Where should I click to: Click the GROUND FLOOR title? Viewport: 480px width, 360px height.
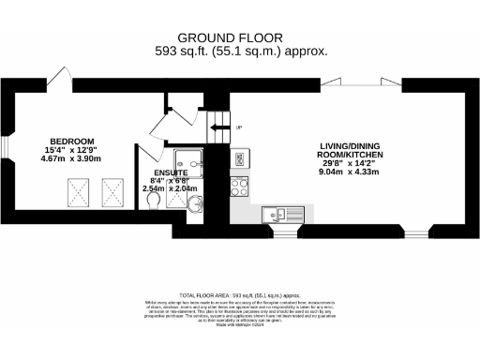(240, 37)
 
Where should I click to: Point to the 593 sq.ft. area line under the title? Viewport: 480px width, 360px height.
(240, 52)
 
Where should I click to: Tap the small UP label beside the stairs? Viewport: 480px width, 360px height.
(238, 127)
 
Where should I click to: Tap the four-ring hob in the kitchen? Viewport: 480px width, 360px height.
(239, 185)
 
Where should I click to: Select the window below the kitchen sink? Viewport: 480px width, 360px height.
(278, 229)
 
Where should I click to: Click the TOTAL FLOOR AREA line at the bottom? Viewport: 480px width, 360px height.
(240, 293)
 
